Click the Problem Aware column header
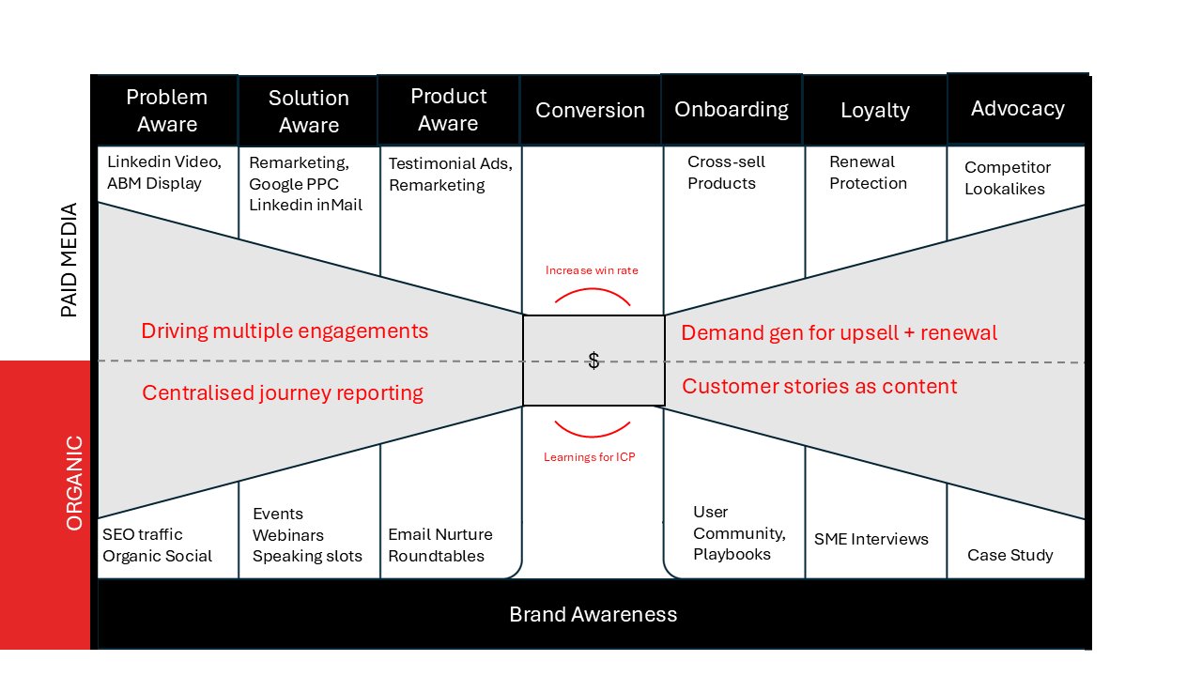(x=167, y=111)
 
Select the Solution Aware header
(x=308, y=112)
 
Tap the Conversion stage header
(x=590, y=110)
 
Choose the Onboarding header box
(x=732, y=109)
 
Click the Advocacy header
(x=1017, y=108)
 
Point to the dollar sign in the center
(x=593, y=361)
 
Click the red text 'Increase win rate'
(x=592, y=270)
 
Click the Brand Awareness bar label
(x=593, y=614)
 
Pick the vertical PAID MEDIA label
(x=69, y=260)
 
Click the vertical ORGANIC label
(x=74, y=483)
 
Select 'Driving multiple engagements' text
(x=285, y=330)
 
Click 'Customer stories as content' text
(x=819, y=386)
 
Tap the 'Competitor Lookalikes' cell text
(x=1007, y=177)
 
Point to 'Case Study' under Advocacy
(x=1009, y=555)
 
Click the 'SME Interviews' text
(x=871, y=539)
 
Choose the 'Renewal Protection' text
(x=868, y=173)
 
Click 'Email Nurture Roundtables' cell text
(x=439, y=545)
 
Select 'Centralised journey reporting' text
(x=282, y=392)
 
